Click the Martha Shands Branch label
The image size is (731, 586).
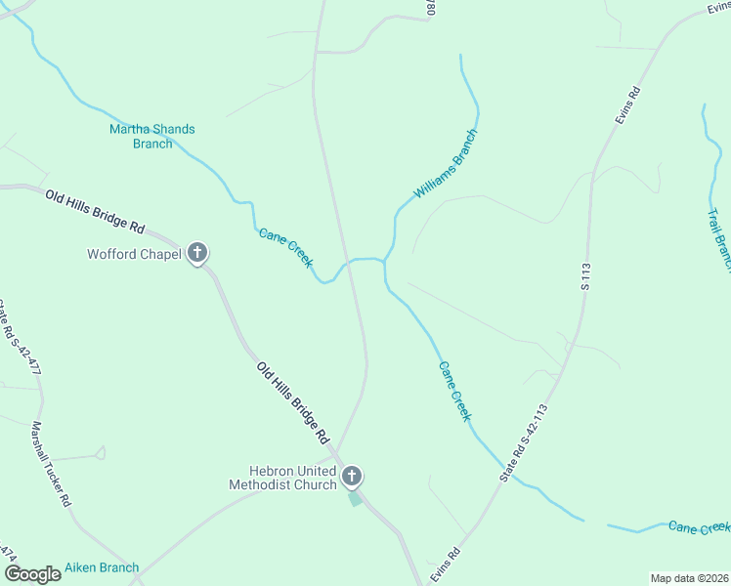click(151, 136)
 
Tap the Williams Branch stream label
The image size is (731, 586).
click(445, 164)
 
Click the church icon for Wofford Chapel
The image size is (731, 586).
click(197, 254)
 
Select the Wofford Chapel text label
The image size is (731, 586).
click(134, 255)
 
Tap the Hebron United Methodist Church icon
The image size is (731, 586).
click(352, 477)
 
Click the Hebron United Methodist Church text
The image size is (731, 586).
click(282, 477)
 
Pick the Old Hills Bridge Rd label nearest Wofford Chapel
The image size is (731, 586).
click(95, 211)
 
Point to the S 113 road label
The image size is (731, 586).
click(586, 276)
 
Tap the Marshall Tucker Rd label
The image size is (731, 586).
click(51, 463)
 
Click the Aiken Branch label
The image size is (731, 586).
click(102, 567)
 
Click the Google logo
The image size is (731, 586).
click(32, 573)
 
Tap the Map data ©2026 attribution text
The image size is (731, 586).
click(690, 578)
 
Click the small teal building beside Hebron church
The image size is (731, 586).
click(355, 499)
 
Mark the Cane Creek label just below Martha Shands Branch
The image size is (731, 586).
click(285, 248)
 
